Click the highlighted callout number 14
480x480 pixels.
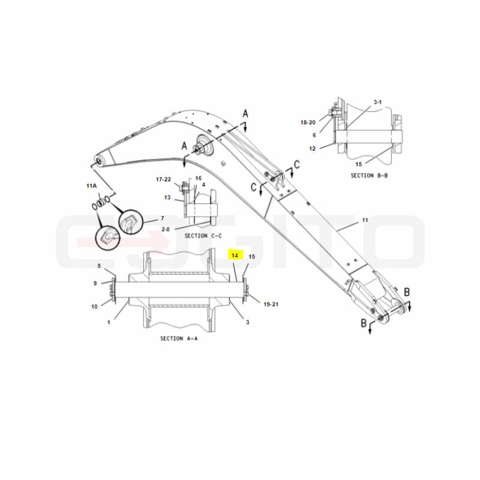click(x=235, y=255)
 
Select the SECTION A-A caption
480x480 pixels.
click(x=179, y=338)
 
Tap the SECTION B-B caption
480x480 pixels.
click(x=369, y=175)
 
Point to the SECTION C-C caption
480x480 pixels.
click(x=203, y=236)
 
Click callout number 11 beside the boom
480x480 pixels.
click(x=365, y=220)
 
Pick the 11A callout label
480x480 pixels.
click(x=92, y=185)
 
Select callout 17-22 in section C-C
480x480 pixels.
click(x=163, y=179)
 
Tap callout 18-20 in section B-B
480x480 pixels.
click(x=308, y=122)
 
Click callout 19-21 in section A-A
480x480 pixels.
click(x=271, y=304)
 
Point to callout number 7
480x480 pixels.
click(x=162, y=218)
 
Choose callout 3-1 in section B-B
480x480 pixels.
click(x=377, y=102)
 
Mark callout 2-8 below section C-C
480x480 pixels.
click(x=166, y=229)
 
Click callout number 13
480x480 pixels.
click(x=167, y=197)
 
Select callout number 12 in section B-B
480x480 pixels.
click(x=312, y=148)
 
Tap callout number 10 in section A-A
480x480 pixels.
click(x=94, y=307)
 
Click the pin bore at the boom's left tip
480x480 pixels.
click(x=99, y=161)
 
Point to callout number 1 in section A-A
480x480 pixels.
click(x=109, y=322)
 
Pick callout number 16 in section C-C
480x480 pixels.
click(x=199, y=178)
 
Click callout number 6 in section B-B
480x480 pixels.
click(x=314, y=135)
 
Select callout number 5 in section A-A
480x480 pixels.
click(x=99, y=266)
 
